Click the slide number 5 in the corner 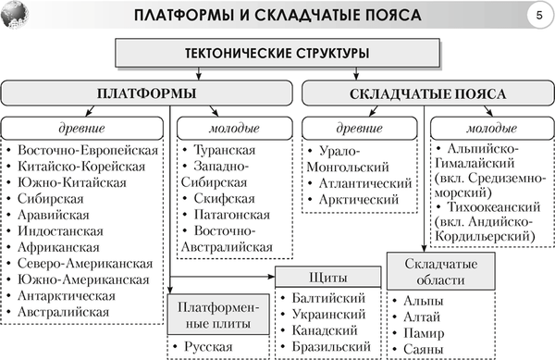click(x=537, y=17)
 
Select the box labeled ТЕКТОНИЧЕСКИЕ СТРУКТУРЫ click(x=277, y=53)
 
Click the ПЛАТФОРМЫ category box click(x=147, y=93)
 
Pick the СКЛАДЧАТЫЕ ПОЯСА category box click(x=425, y=93)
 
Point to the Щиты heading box click(x=328, y=277)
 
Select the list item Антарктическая click(x=67, y=295)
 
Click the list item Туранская click(x=223, y=148)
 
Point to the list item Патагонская click(x=231, y=215)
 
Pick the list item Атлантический click(x=364, y=182)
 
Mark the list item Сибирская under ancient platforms click(x=56, y=198)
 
